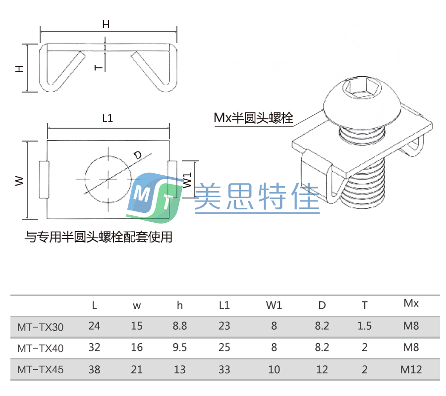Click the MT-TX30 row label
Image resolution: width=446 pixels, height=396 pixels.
click(x=40, y=326)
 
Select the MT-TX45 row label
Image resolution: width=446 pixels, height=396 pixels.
click(x=40, y=369)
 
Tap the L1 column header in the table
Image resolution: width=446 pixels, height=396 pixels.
click(x=224, y=305)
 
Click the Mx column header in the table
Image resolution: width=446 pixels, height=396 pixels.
click(x=411, y=303)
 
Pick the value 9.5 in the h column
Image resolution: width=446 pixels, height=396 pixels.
click(x=180, y=347)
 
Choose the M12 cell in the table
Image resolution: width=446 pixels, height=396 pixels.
click(x=411, y=369)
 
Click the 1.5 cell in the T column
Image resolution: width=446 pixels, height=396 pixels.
click(x=365, y=326)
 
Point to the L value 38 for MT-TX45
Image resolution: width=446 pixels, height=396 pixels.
click(x=94, y=369)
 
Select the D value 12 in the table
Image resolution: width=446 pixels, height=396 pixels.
click(x=322, y=369)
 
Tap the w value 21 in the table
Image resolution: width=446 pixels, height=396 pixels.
click(x=137, y=369)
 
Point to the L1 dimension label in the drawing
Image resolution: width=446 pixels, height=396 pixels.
click(x=108, y=118)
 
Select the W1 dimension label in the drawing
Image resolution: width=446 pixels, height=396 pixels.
click(x=187, y=180)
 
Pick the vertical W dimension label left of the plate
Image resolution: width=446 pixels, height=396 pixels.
click(x=19, y=180)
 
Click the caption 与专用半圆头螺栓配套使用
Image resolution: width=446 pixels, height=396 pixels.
click(x=99, y=237)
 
